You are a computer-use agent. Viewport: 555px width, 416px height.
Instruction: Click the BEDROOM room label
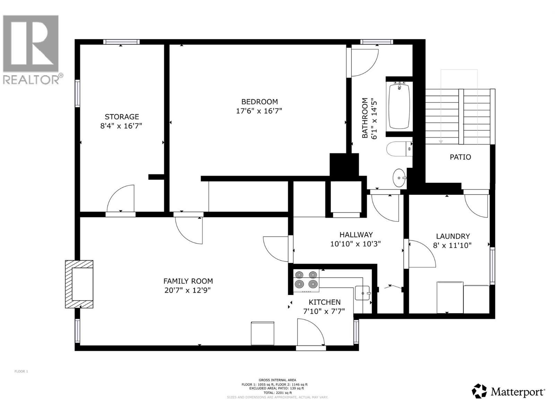coord(259,102)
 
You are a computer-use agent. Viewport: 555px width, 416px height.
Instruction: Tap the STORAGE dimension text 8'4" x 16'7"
coord(121,126)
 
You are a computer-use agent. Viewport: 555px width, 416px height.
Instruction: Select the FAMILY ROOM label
coord(188,281)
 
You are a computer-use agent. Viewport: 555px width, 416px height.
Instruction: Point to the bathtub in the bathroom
coord(399,106)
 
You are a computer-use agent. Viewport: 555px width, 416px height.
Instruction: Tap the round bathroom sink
coord(399,178)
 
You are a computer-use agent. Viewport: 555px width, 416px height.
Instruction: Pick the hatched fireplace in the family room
coord(79,284)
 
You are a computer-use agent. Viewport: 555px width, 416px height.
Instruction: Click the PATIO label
coord(460,157)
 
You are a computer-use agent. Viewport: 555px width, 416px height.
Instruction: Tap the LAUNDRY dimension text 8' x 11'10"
coord(452,245)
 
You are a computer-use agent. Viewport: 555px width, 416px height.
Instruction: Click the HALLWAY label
coord(356,235)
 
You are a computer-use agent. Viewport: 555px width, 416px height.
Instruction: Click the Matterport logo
coord(508,392)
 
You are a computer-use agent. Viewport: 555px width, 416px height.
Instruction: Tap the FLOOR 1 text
coord(21,371)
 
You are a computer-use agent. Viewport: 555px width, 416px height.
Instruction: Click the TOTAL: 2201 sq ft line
coord(277,393)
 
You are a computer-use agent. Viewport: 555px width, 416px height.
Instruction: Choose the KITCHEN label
coord(324,302)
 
